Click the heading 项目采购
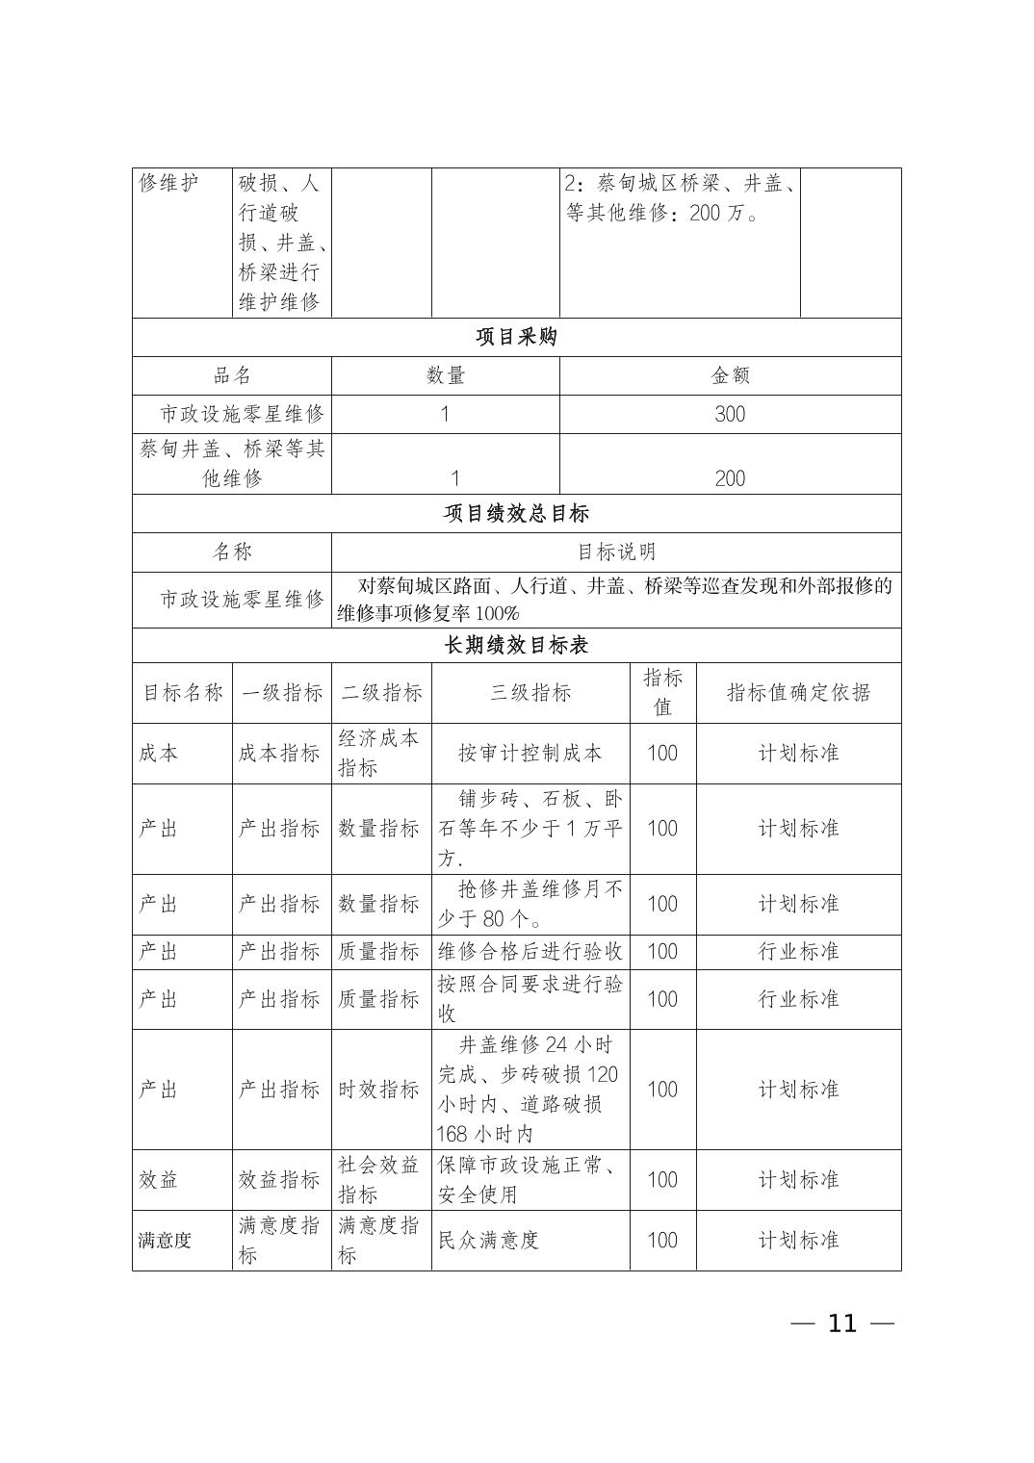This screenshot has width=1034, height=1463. [x=516, y=338]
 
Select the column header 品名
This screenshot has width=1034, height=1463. [x=232, y=375]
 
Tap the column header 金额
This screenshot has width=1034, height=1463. [x=730, y=375]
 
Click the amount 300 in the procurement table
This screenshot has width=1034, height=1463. [x=730, y=414]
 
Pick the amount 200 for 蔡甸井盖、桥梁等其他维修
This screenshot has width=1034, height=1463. [x=730, y=478]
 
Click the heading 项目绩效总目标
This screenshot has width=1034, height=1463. [x=516, y=513]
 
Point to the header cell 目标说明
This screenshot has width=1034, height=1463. [x=616, y=552]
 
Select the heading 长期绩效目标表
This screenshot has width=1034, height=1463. [x=516, y=645]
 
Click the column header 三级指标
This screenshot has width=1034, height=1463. [x=530, y=692]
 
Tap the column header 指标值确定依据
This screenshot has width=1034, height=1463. [x=798, y=692]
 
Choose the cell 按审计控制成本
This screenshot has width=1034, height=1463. [x=530, y=753]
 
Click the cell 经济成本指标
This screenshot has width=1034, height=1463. [x=379, y=753]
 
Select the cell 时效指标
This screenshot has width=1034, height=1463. [x=379, y=1090]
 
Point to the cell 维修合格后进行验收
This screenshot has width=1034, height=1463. [x=530, y=952]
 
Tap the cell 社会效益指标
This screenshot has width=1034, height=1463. [x=379, y=1180]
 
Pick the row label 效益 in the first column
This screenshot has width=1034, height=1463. [x=159, y=1180]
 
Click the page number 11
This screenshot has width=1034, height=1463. [x=841, y=1323]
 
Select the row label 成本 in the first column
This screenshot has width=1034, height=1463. [x=159, y=753]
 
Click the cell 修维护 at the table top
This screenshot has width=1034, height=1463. [x=169, y=183]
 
